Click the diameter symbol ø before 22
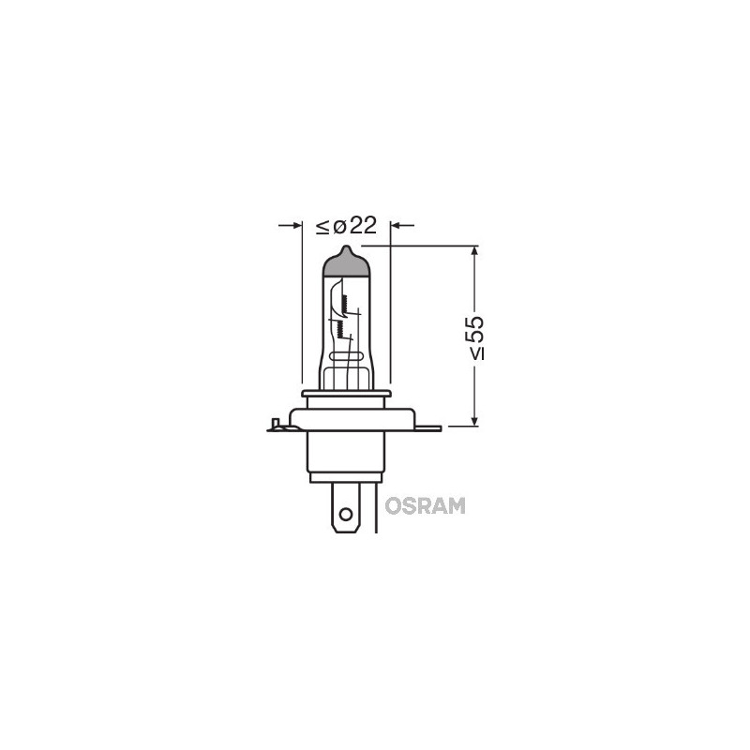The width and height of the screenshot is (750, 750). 338,227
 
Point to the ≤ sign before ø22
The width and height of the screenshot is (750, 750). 322,227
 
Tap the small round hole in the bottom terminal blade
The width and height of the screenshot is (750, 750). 346,513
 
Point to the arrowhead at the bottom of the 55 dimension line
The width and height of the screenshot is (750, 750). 475,418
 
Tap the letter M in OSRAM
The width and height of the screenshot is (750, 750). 456,506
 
